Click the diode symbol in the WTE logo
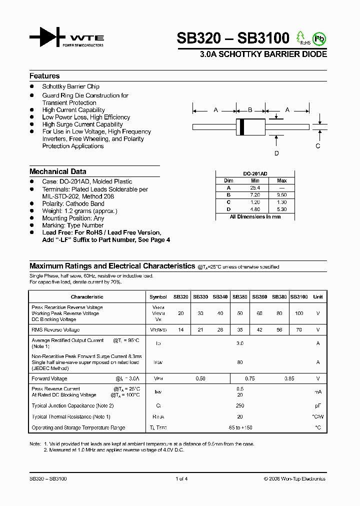click(x=47, y=38)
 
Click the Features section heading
click(x=44, y=76)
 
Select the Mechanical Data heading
click(x=57, y=171)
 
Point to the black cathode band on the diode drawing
click(x=242, y=127)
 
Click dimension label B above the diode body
click(x=250, y=110)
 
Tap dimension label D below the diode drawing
click(x=276, y=153)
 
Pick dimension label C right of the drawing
click(x=317, y=146)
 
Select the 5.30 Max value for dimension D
click(x=282, y=209)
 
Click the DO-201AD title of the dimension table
click(x=255, y=173)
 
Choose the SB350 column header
click(x=240, y=296)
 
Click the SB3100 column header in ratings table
click(x=299, y=296)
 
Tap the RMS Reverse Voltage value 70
click(x=299, y=330)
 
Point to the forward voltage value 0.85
click(x=289, y=378)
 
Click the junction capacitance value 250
click(x=240, y=406)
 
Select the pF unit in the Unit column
click(x=317, y=406)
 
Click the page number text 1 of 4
click(x=181, y=478)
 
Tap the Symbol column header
click(x=158, y=296)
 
